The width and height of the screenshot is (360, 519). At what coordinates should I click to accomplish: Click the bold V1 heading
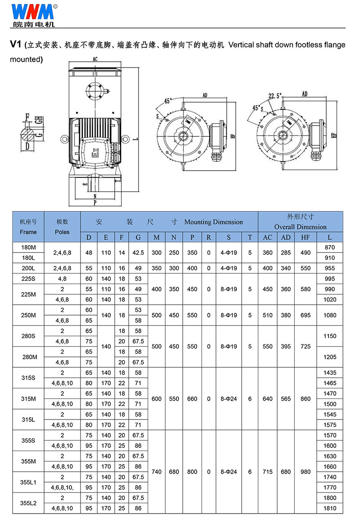pyautogui.click(x=16, y=45)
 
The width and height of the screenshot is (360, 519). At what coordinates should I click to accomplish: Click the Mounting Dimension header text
pyautogui.click(x=213, y=222)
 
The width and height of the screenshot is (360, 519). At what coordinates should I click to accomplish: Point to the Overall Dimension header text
pyautogui.click(x=300, y=227)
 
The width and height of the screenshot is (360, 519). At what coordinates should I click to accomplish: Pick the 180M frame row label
pyautogui.click(x=28, y=247)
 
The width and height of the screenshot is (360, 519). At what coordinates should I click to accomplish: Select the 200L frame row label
pyautogui.click(x=28, y=268)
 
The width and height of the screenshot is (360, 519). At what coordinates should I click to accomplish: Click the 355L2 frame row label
pyautogui.click(x=28, y=503)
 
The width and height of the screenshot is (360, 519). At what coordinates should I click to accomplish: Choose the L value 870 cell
pyautogui.click(x=330, y=247)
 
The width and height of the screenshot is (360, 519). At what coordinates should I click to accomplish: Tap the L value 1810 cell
pyautogui.click(x=330, y=508)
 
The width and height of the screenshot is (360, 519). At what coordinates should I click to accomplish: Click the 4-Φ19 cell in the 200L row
pyautogui.click(x=229, y=268)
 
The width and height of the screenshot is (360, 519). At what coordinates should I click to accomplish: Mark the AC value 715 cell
pyautogui.click(x=267, y=472)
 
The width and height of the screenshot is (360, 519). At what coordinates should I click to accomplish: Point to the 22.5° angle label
pyautogui.click(x=274, y=96)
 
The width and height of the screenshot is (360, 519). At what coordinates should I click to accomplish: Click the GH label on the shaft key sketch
pyautogui.click(x=40, y=120)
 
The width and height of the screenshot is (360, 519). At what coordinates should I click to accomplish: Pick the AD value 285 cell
pyautogui.click(x=286, y=253)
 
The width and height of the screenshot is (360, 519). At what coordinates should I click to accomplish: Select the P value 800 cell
pyautogui.click(x=192, y=472)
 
